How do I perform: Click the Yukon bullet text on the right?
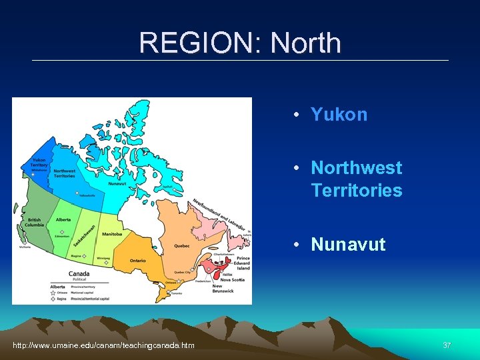point(339,114)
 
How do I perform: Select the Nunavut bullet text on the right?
point(348,245)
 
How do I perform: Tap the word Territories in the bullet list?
point(356,191)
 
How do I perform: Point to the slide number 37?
point(447,345)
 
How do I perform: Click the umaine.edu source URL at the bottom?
point(104,345)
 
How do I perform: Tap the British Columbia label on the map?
point(35,222)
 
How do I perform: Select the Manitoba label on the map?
point(112,234)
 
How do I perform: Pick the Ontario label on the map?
point(137,260)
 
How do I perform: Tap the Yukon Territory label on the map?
point(39,162)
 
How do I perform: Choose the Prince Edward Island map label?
point(242,263)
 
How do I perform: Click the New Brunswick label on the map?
point(221,289)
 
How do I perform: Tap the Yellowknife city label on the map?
point(87,195)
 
